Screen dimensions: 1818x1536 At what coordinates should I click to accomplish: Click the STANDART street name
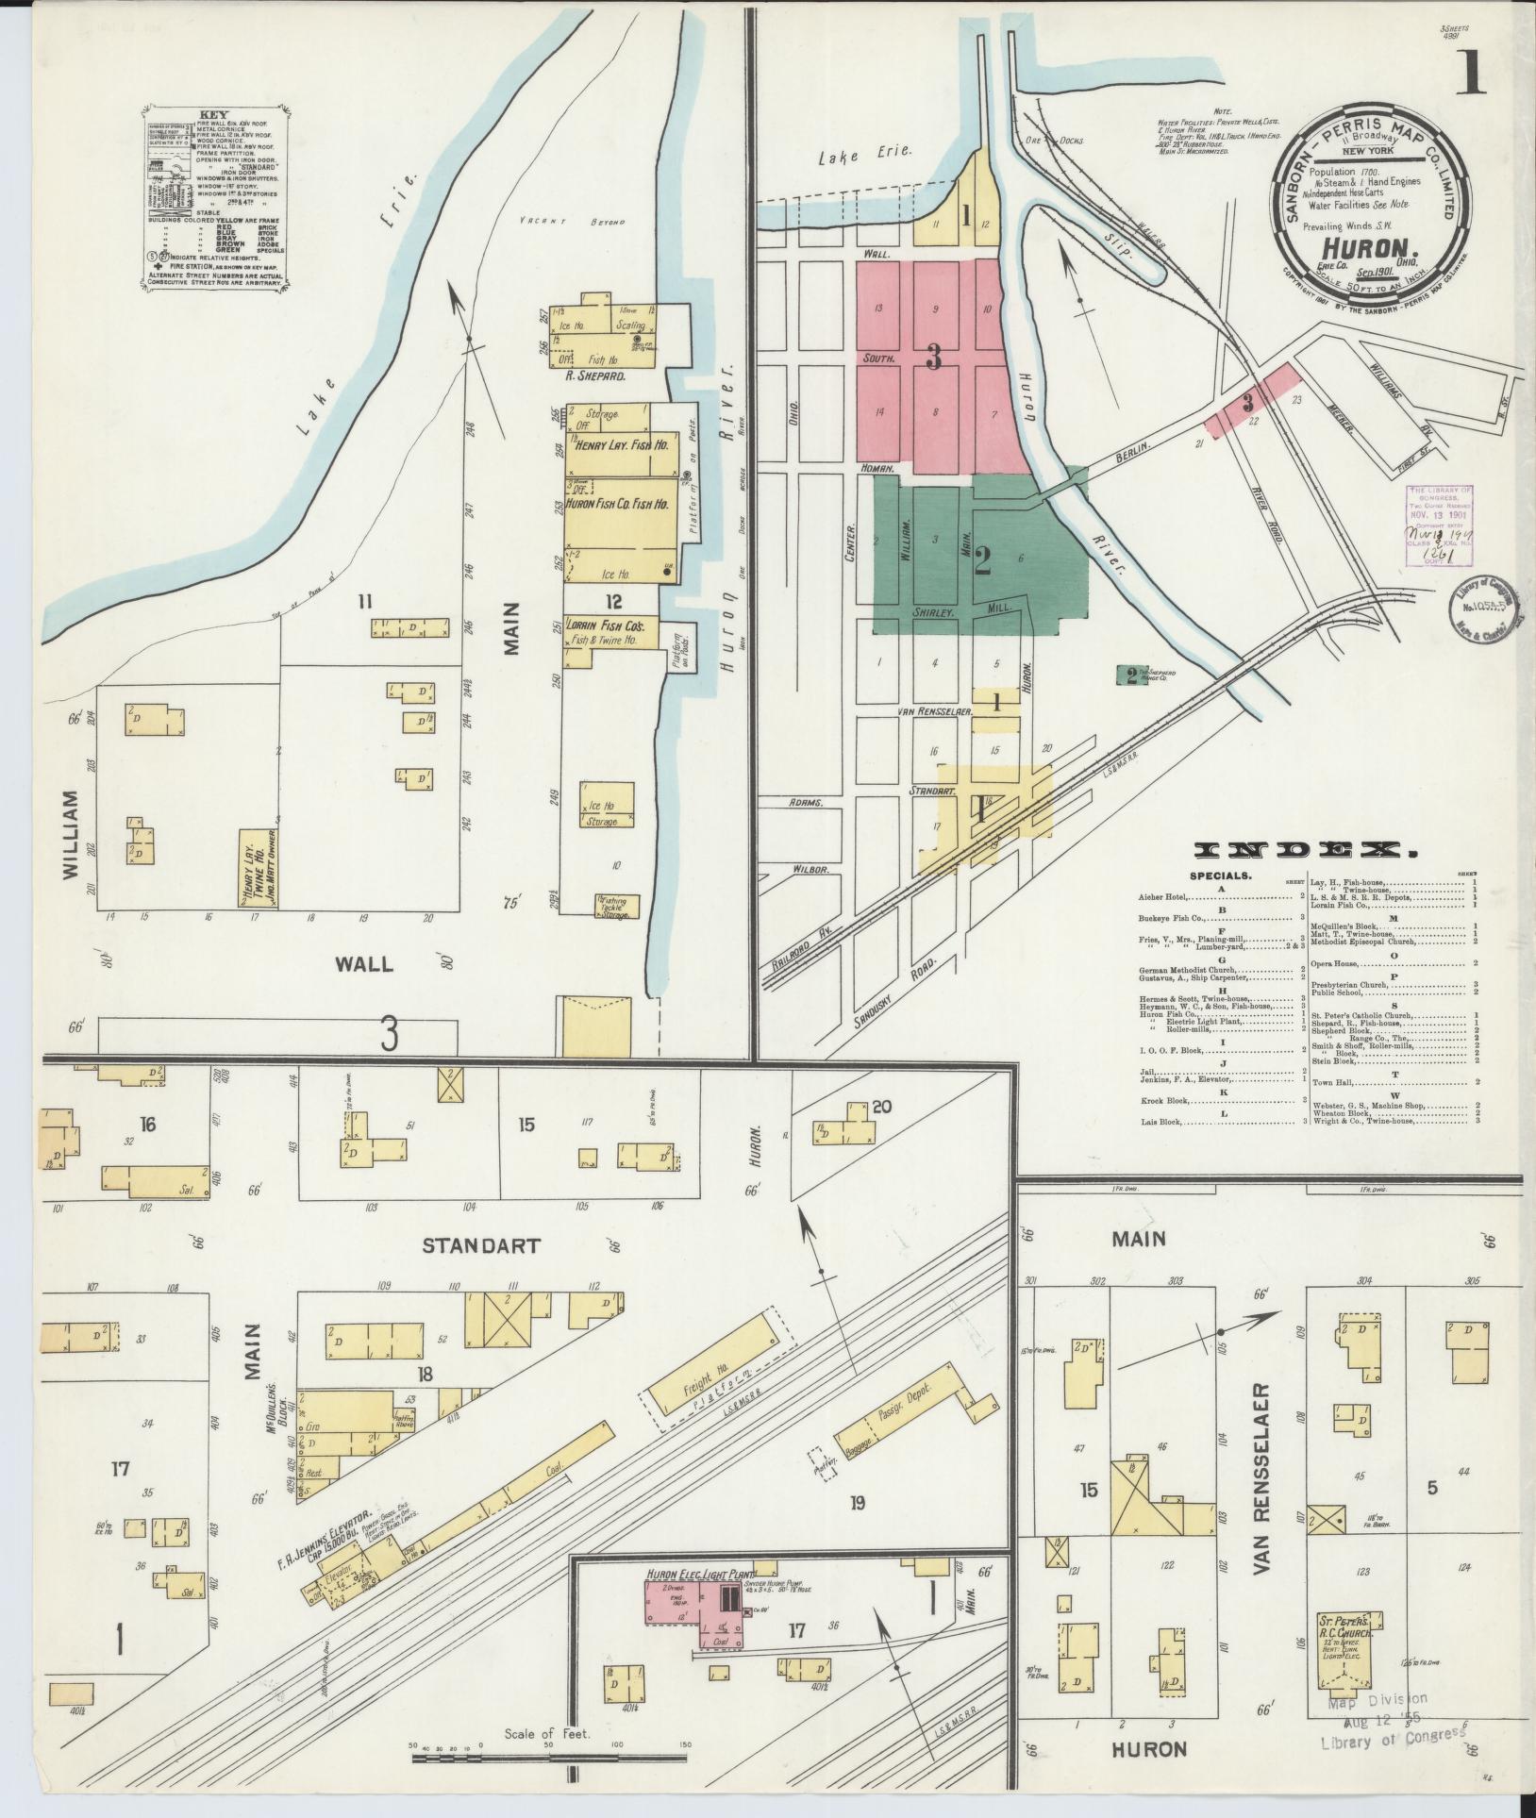481,1245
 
